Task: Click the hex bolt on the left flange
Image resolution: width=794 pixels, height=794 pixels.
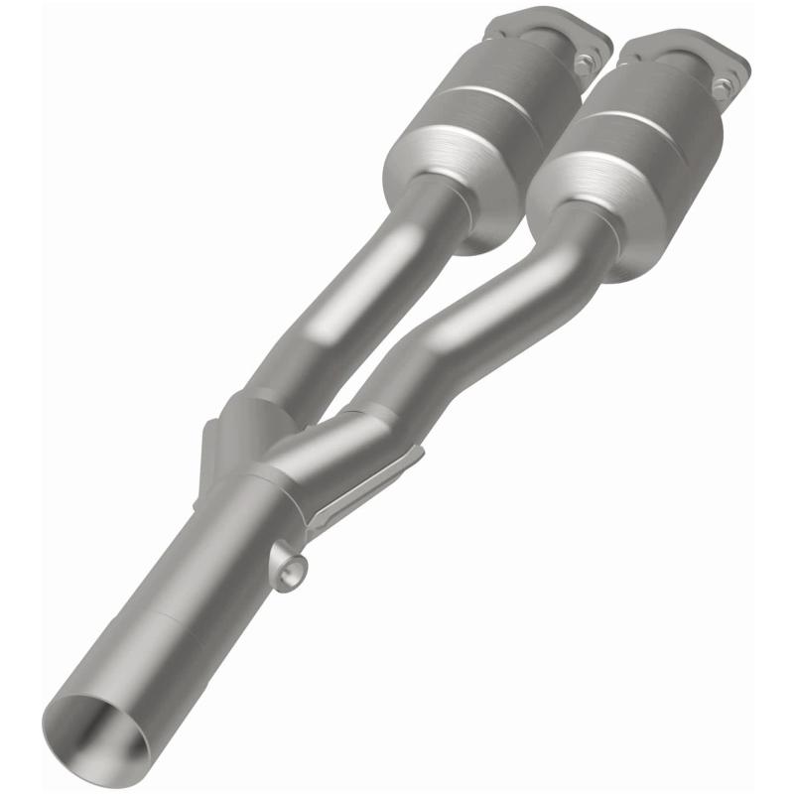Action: click(584, 63)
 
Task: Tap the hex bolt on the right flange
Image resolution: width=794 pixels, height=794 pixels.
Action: click(723, 88)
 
